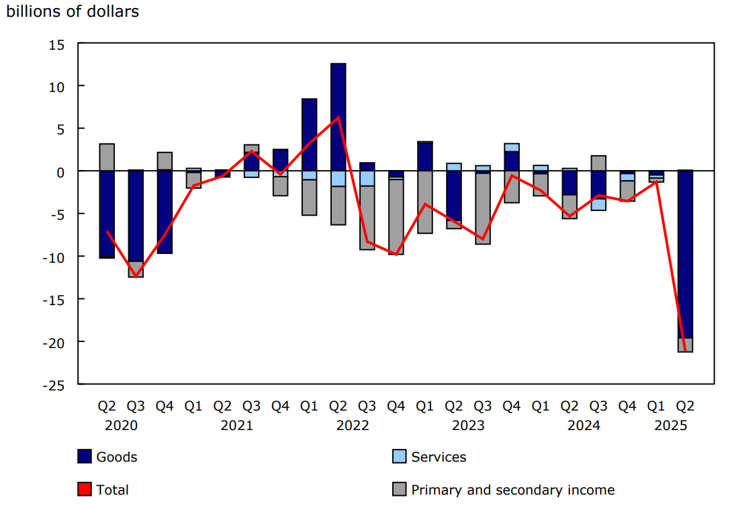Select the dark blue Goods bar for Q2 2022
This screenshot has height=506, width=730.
click(x=338, y=117)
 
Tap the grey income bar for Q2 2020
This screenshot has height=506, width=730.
click(x=107, y=157)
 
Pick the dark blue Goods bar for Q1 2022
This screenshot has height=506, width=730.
click(x=309, y=134)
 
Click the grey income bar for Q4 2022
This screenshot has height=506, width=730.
click(x=396, y=217)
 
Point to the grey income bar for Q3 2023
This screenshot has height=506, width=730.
click(x=482, y=208)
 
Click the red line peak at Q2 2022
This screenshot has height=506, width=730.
click(x=338, y=118)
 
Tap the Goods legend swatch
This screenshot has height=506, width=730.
click(x=85, y=457)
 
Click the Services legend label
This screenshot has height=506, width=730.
click(x=439, y=457)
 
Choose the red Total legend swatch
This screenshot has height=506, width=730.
click(x=85, y=490)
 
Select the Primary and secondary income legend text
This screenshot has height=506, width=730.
click(x=512, y=490)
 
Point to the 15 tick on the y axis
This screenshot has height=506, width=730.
click(x=56, y=44)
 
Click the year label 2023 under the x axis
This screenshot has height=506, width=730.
click(x=468, y=426)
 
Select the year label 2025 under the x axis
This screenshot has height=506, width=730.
click(x=670, y=426)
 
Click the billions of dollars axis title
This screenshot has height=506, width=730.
click(x=73, y=11)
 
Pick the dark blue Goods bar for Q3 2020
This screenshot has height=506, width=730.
click(x=136, y=216)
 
